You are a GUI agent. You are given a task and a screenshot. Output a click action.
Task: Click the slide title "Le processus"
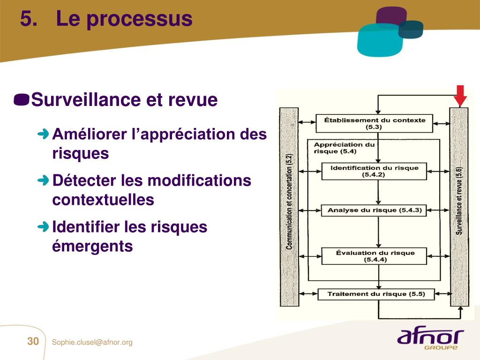[x=124, y=19]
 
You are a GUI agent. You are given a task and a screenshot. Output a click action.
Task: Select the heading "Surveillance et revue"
[x=124, y=100]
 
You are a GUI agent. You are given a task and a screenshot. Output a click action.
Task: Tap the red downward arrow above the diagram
[x=460, y=96]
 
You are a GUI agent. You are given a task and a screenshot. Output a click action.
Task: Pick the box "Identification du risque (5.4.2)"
[x=374, y=171]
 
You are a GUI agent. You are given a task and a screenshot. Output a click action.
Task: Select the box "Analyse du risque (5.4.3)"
[x=374, y=210]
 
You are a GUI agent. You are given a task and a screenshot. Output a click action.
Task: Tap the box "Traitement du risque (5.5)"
[x=376, y=294]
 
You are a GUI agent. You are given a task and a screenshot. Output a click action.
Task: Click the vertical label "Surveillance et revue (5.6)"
[x=459, y=201]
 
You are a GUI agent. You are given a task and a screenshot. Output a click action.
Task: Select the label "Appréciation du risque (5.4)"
[x=344, y=148]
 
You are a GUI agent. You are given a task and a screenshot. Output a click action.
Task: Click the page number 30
[x=33, y=341]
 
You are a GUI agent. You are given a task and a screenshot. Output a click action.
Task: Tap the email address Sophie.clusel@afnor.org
[x=92, y=343]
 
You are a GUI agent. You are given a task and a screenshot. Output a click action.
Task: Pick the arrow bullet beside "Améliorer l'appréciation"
[x=44, y=135]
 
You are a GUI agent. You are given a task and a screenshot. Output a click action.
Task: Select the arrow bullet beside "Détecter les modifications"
[x=44, y=181]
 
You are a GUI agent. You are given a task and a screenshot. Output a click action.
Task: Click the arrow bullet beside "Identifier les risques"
[x=44, y=227]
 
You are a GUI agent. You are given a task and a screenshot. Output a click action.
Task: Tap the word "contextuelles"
[x=103, y=200]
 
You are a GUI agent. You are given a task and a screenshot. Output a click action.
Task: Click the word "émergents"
[x=92, y=246]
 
